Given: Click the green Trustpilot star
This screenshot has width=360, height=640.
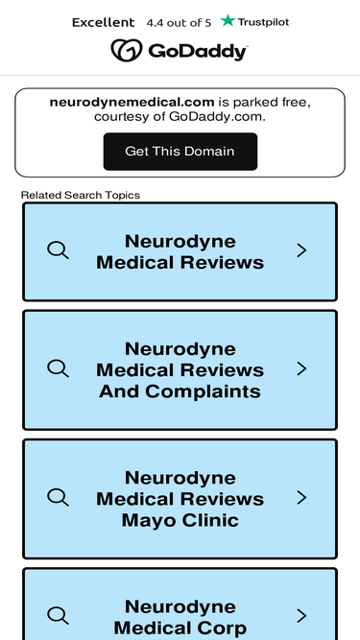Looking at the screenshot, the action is pos(228,20).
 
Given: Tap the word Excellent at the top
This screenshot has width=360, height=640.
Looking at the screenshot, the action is pos(104,22).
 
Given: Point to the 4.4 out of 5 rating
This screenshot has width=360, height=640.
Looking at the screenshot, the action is pos(179,23).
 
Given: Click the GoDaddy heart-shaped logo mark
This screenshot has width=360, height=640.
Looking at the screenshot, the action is pos(127,50).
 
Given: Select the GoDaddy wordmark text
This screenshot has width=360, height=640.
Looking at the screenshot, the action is pos(198,52).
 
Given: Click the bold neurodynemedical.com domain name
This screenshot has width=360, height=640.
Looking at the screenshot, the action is pos(132,102).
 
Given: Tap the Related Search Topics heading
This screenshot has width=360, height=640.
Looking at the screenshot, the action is pos(81,195).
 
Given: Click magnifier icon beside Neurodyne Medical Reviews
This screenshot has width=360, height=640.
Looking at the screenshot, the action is pos(58,249).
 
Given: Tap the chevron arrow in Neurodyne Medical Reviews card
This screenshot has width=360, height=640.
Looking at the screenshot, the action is pos(301,250).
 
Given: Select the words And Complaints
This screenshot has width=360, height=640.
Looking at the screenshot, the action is pos(180,391).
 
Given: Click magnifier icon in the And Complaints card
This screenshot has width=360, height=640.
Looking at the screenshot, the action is pos(58,368).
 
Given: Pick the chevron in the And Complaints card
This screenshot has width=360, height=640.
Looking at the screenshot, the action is pos(301,368).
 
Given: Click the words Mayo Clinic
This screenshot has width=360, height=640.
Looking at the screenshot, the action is pos(180,520).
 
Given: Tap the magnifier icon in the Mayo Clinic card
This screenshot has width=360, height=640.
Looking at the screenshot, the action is pos(58,497).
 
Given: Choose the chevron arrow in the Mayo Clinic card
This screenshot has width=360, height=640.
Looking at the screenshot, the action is pos(301,498).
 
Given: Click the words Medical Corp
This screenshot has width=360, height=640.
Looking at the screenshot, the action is pos(180,628).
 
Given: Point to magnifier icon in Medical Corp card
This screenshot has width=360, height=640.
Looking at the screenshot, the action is pos(58,615).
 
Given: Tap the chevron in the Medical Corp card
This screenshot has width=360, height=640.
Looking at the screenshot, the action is pos(301,616).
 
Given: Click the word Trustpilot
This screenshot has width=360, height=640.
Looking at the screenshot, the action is pos(263,22).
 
